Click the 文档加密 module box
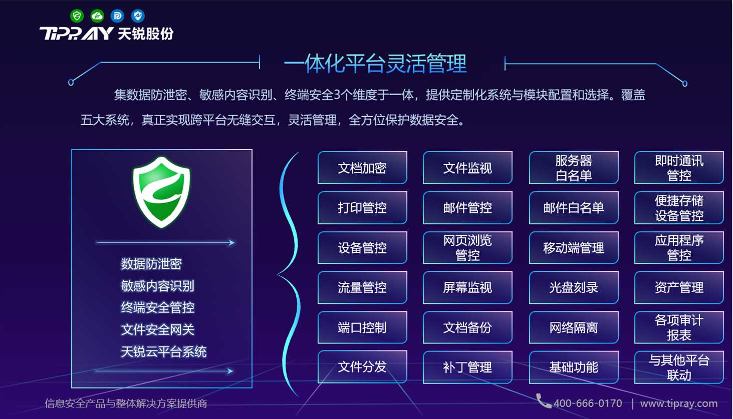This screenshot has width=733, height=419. coord(362,168)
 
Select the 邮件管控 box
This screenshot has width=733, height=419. coord(467,208)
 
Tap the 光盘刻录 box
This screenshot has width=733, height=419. coord(574,287)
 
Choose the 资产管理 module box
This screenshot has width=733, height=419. coord(679,287)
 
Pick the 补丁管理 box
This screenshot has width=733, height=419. coord(467,367)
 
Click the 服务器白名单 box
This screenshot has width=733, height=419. coord(574,168)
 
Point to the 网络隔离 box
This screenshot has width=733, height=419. coord(574,327)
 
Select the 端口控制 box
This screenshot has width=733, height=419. coord(362,327)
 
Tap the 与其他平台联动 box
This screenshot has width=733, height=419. coord(679,367)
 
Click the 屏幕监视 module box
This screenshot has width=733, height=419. coord(467,287)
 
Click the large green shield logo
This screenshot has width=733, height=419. coord(161,192)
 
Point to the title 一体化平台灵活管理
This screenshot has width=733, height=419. coord(375,64)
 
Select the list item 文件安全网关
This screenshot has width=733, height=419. coord(158,329)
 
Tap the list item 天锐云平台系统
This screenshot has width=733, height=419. coord(164,352)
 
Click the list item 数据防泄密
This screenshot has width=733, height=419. coord(151,264)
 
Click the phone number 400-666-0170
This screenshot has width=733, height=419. coord(588,403)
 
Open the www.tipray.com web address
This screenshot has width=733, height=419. coord(679,403)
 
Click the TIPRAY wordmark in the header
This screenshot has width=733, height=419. coord(76,34)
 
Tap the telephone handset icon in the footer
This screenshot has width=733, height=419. coord(543,401)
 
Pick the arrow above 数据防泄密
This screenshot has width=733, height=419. coord(165,242)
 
